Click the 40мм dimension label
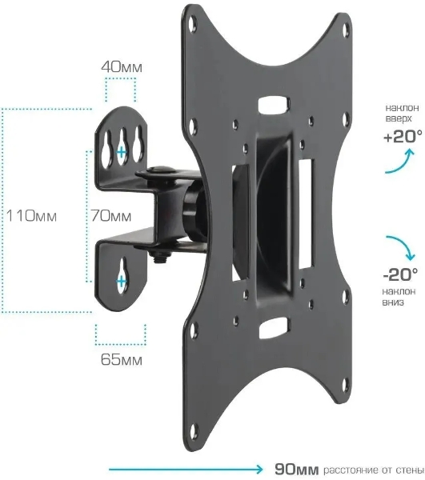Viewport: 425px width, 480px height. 122,67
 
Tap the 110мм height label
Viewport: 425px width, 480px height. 31,216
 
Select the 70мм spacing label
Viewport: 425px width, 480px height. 110,216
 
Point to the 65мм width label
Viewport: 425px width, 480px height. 122,360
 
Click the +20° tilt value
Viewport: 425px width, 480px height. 403,137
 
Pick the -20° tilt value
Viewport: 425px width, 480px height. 400,274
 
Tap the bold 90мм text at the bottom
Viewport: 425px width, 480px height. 296,469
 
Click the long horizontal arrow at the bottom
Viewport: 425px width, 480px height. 186,469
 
